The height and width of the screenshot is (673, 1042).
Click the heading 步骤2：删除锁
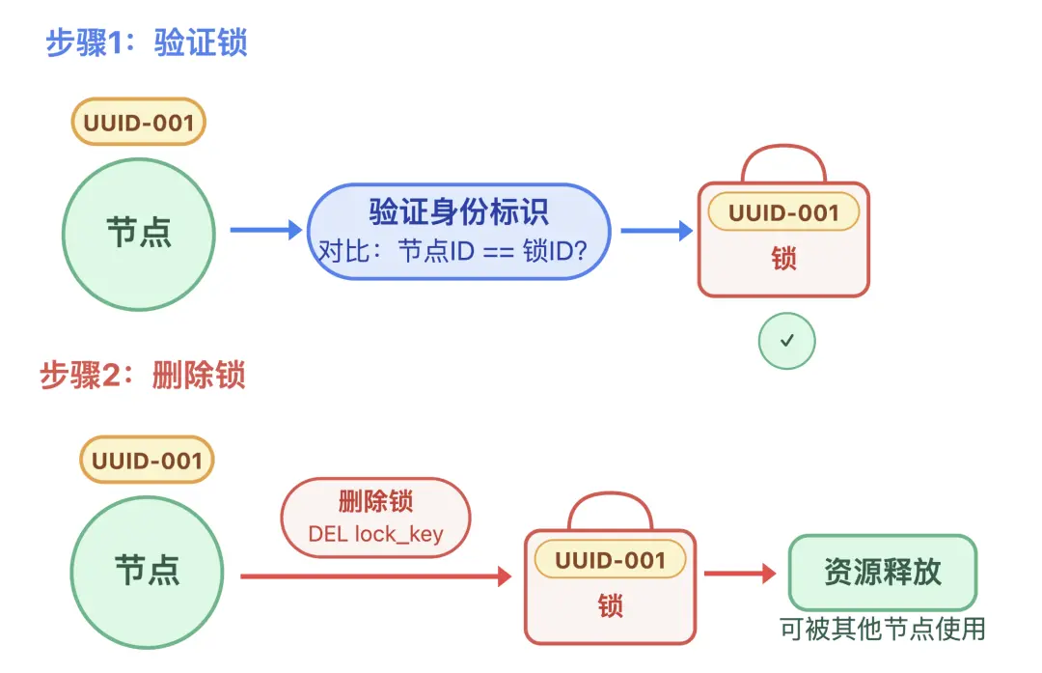143,375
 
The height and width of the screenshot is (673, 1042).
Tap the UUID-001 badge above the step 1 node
139,123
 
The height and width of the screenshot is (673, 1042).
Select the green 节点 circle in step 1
139,233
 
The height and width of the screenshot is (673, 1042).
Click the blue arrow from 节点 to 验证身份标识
265,230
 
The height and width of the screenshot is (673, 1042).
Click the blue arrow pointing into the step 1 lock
656,230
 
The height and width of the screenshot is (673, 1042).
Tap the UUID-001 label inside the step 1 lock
783,212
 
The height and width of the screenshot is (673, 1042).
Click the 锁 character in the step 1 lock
783,259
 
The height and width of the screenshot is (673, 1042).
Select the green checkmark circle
786,340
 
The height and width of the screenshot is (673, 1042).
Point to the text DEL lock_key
375,534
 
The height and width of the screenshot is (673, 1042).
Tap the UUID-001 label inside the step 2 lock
610,560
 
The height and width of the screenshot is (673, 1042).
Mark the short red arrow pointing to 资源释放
739,574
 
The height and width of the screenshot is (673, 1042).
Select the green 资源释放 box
882,573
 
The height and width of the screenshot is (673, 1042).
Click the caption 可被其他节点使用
882,629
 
